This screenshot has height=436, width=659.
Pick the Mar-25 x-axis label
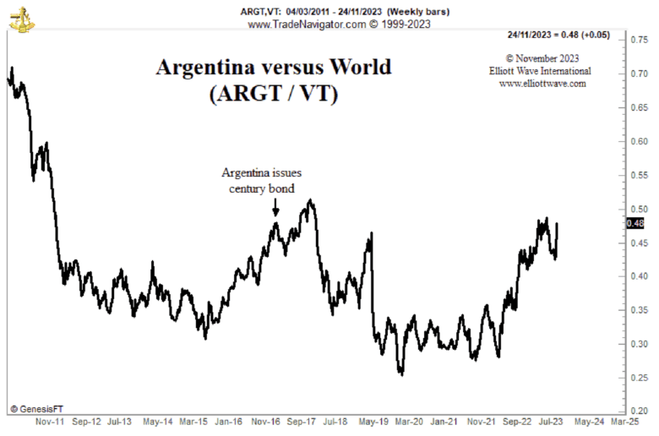click(x=624, y=421)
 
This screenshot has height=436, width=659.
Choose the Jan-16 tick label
click(x=229, y=421)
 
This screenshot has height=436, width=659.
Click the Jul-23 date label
click(x=553, y=421)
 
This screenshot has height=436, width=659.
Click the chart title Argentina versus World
click(x=273, y=68)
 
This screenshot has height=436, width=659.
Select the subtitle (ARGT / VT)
click(x=273, y=94)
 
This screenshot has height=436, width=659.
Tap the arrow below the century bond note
click(x=275, y=208)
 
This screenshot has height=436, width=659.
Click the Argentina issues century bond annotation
click(x=262, y=180)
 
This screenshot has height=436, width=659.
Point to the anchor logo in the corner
click(x=23, y=18)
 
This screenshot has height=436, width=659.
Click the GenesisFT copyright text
click(x=38, y=408)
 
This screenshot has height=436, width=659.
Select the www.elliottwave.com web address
click(x=542, y=84)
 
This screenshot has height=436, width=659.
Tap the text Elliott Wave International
click(x=542, y=71)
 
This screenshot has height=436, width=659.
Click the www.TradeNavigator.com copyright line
click(x=340, y=25)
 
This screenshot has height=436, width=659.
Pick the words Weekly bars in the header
click(x=418, y=11)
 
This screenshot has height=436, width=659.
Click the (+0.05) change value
click(x=596, y=35)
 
